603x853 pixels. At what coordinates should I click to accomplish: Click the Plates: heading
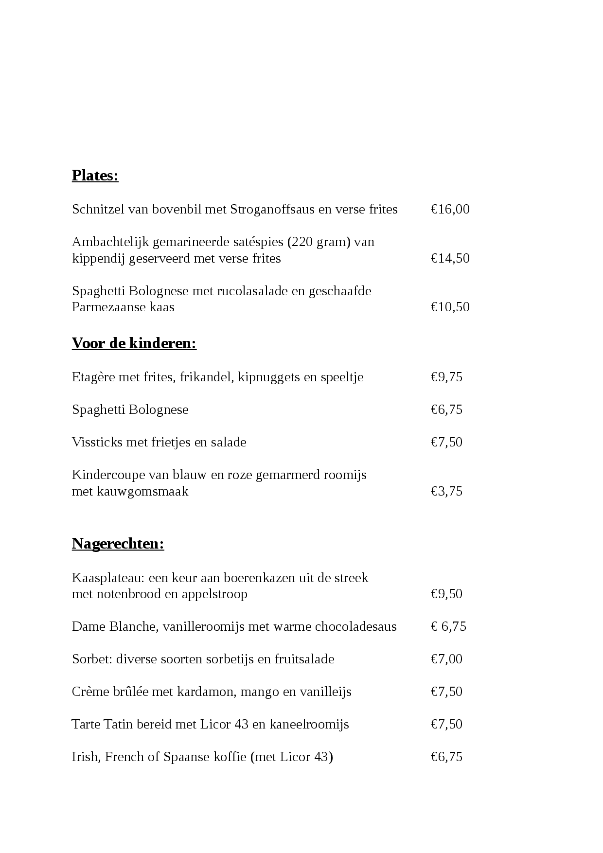95,176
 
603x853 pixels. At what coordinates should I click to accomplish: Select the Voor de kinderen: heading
134,343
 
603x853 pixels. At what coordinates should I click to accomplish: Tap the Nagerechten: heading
118,544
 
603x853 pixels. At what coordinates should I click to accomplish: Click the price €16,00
450,210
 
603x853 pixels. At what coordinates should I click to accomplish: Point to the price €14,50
450,258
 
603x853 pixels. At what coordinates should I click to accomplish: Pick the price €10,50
450,307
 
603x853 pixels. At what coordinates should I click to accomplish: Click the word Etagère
93,377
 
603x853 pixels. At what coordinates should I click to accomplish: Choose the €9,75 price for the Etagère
446,377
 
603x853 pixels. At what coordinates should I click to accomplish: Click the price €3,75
446,491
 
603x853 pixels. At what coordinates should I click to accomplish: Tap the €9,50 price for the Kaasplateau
446,594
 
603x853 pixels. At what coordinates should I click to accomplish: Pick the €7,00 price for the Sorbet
446,659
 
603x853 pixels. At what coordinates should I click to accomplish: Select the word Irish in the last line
85,757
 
